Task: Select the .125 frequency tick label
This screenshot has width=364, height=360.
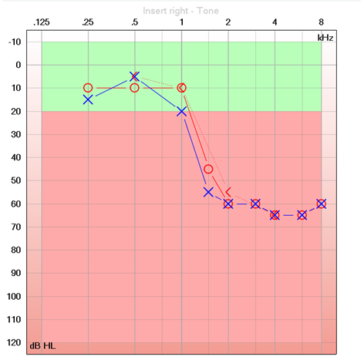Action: coord(42,22)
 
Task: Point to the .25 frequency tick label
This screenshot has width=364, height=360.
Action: coord(88,22)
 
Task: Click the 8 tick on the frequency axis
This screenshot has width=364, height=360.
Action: coord(321,22)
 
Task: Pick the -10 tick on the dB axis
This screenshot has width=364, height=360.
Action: coord(15,42)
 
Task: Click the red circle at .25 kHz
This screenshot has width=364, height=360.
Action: coord(88,88)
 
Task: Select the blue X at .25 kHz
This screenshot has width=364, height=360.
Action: coord(88,99)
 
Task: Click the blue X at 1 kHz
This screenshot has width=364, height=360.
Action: coord(181,111)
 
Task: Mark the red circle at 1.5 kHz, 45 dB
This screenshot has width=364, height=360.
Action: coord(208,169)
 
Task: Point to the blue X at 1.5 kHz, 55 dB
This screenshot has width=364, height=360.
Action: coord(208,192)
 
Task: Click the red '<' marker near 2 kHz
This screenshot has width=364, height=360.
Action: coord(228,191)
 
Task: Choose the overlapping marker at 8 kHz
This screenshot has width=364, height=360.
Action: coord(321,204)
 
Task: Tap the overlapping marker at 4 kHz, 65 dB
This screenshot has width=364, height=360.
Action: coord(275,215)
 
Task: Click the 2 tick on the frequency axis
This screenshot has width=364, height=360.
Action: coord(228,22)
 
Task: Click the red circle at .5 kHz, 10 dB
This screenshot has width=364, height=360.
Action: coord(134,88)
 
